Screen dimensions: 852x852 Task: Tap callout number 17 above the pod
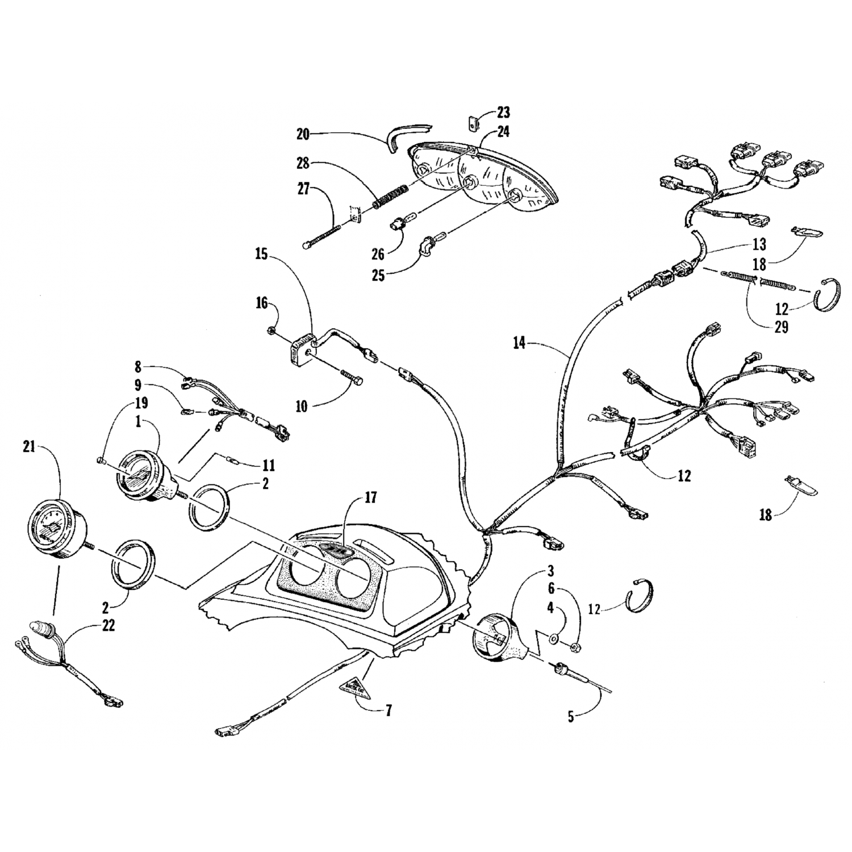(370, 498)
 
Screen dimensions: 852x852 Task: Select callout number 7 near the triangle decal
(389, 710)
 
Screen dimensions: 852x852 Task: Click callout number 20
(303, 134)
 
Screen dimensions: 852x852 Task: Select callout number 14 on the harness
(520, 343)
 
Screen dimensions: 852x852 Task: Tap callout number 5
(571, 717)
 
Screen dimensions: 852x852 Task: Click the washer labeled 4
(553, 639)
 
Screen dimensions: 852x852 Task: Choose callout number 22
(108, 626)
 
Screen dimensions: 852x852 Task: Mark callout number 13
(759, 245)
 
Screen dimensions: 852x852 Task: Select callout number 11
(268, 466)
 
